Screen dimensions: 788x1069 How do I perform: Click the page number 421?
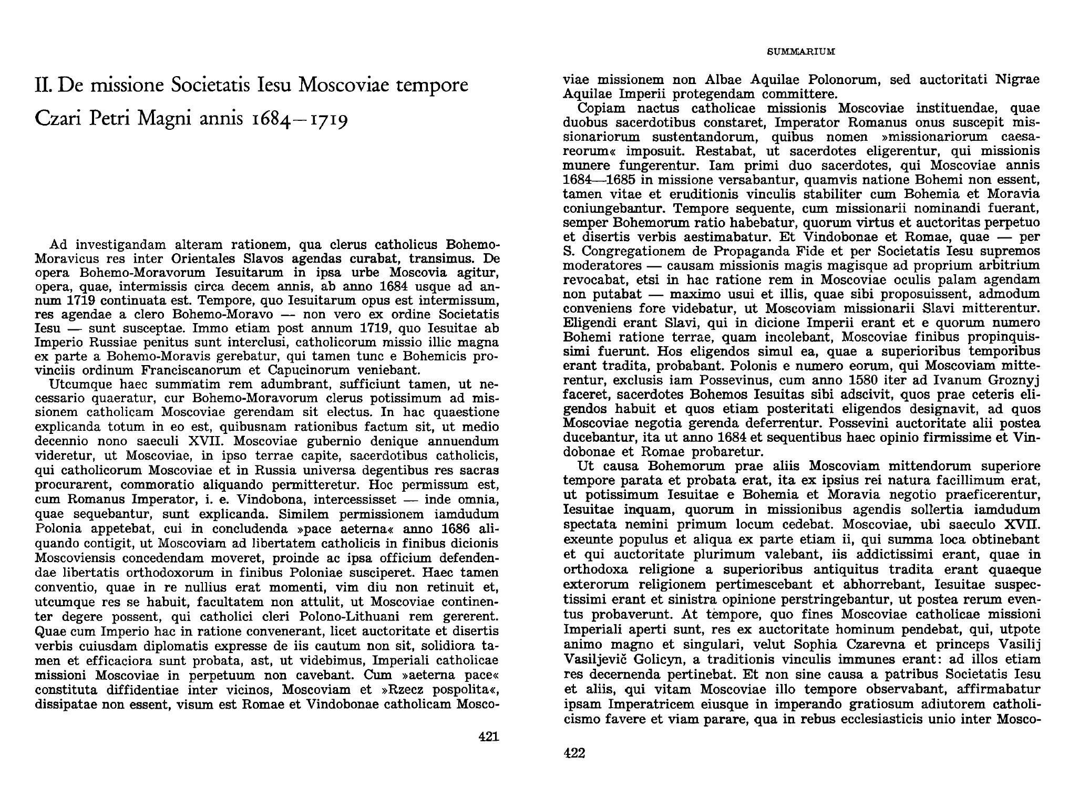coord(488,737)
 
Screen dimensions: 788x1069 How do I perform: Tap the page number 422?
coord(574,753)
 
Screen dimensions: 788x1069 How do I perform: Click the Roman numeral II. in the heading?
coord(44,85)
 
